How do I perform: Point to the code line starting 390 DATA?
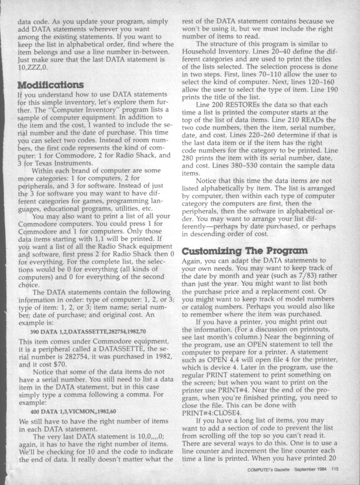click(x=89, y=331)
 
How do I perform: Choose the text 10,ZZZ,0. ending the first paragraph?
click(x=31, y=68)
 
